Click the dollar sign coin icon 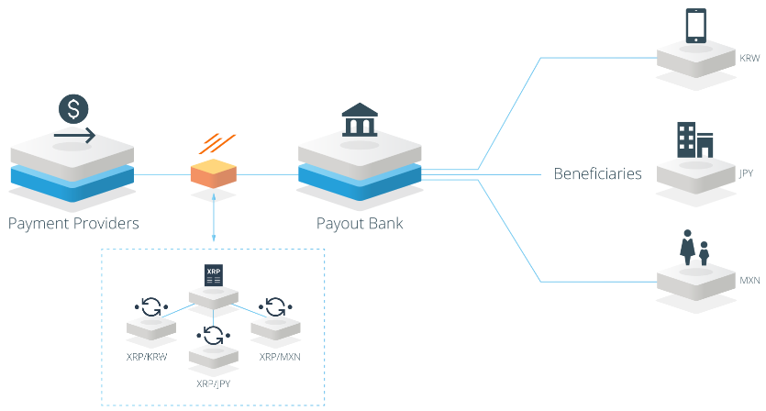(73, 109)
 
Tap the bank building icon (360, 119)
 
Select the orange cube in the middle (214, 173)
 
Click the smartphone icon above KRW (696, 26)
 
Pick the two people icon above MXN (694, 248)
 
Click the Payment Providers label (73, 223)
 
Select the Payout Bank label (360, 223)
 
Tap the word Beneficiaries (597, 173)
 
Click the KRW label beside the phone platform (749, 58)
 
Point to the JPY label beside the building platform (746, 173)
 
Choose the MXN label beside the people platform (749, 281)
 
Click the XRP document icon (214, 275)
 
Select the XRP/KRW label (147, 357)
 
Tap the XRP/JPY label (213, 383)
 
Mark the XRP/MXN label (280, 357)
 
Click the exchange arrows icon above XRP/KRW (151, 307)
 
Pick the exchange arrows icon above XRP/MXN (275, 307)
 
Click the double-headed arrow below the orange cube (214, 217)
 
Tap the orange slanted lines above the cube (216, 144)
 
